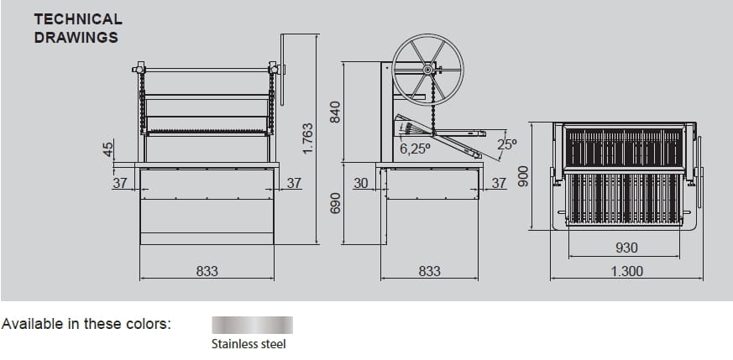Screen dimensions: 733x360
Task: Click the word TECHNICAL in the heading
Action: (78, 19)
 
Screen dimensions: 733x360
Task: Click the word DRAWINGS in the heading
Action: (76, 38)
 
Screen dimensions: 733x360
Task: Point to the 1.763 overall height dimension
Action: (307, 138)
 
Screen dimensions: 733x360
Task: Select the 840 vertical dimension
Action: (335, 112)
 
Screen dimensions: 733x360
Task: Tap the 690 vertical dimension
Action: (335, 203)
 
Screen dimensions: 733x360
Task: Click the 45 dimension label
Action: (108, 149)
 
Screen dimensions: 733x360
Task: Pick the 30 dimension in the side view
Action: (360, 184)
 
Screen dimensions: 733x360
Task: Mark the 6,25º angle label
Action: (415, 149)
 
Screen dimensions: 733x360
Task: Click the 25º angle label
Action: (507, 144)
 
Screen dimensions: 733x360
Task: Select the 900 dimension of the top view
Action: (523, 176)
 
